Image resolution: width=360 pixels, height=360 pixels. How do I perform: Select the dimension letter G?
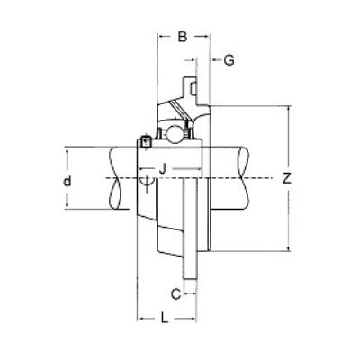click(x=229, y=60)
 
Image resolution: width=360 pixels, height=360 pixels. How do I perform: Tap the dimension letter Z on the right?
click(x=286, y=178)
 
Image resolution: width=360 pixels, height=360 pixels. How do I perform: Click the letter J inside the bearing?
click(x=162, y=167)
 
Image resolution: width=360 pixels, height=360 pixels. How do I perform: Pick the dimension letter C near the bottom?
click(x=175, y=292)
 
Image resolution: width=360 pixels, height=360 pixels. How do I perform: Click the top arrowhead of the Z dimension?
click(x=286, y=110)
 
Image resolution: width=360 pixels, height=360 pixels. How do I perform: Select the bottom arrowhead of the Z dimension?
click(x=286, y=247)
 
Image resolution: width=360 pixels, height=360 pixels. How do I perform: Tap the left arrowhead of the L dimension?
click(x=140, y=318)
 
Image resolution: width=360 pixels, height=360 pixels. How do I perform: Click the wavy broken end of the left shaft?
click(x=109, y=178)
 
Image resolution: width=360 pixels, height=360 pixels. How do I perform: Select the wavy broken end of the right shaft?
click(x=248, y=178)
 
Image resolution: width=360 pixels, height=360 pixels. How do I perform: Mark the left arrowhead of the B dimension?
click(x=160, y=37)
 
